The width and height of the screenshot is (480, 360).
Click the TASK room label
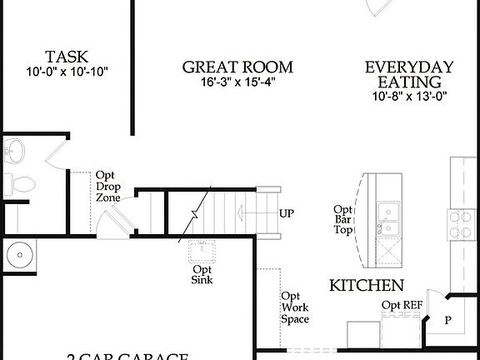click(67, 57)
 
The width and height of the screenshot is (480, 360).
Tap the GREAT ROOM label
click(237, 67)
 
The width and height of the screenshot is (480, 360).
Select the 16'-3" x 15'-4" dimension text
click(237, 82)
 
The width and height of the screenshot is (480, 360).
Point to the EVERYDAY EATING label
click(408, 74)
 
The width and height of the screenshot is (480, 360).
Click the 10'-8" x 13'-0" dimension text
click(408, 96)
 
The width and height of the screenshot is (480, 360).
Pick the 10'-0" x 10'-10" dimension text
click(67, 72)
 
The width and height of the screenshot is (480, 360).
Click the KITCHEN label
click(367, 285)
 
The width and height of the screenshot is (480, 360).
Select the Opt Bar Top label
click(342, 220)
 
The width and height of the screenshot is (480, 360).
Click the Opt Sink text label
click(202, 274)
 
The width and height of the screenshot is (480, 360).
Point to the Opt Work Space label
click(295, 307)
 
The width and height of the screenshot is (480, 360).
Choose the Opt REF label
click(402, 305)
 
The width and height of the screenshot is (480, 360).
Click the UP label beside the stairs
click(287, 213)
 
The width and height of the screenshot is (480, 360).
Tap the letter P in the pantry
click(447, 321)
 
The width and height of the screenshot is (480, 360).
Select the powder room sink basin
click(14, 151)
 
